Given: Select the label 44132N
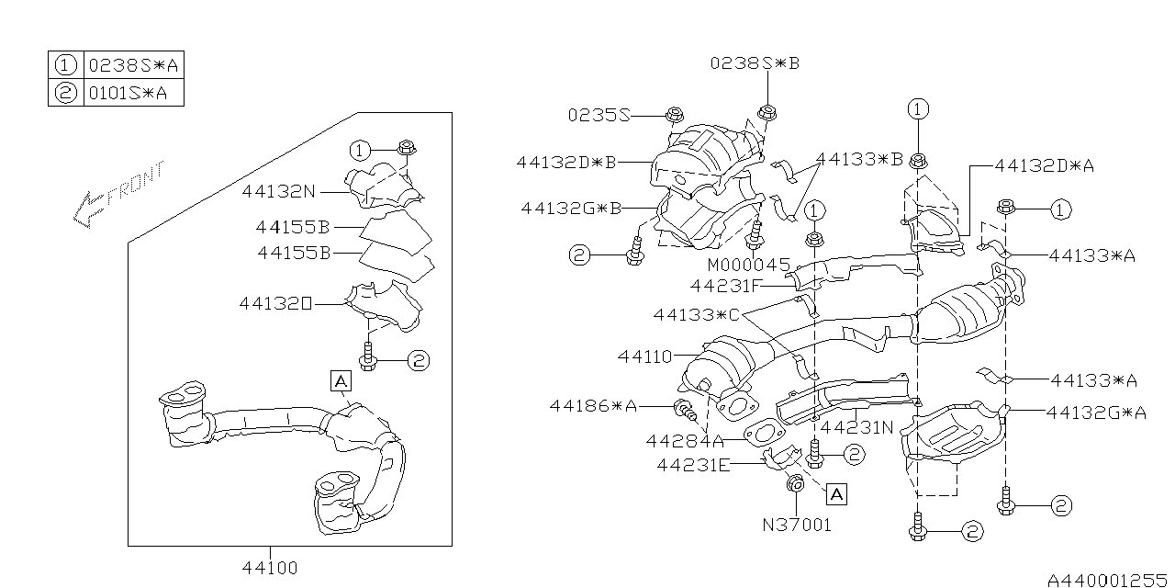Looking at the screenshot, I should pos(279,192).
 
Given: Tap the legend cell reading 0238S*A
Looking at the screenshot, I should pos(132,66).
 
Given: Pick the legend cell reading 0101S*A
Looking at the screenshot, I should pos(132,93).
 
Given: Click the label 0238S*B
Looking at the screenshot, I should pos(755,63).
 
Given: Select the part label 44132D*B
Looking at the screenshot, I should pos(565,163).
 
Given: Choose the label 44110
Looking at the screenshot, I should pos(644,355).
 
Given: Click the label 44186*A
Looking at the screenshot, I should pos(593,405).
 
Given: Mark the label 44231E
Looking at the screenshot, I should pos(693,465).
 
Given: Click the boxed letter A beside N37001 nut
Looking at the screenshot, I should pos(834,494).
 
